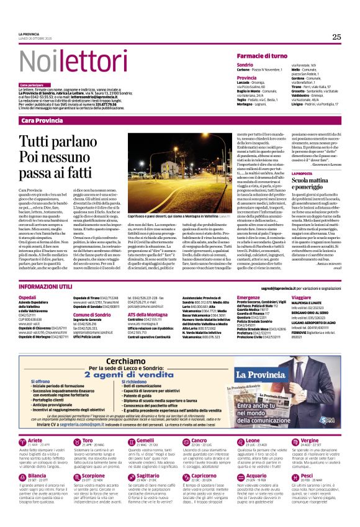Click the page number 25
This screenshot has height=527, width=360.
[x=336, y=37]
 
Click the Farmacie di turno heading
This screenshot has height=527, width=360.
[x=261, y=56]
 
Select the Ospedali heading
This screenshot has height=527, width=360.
[x=27, y=298]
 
